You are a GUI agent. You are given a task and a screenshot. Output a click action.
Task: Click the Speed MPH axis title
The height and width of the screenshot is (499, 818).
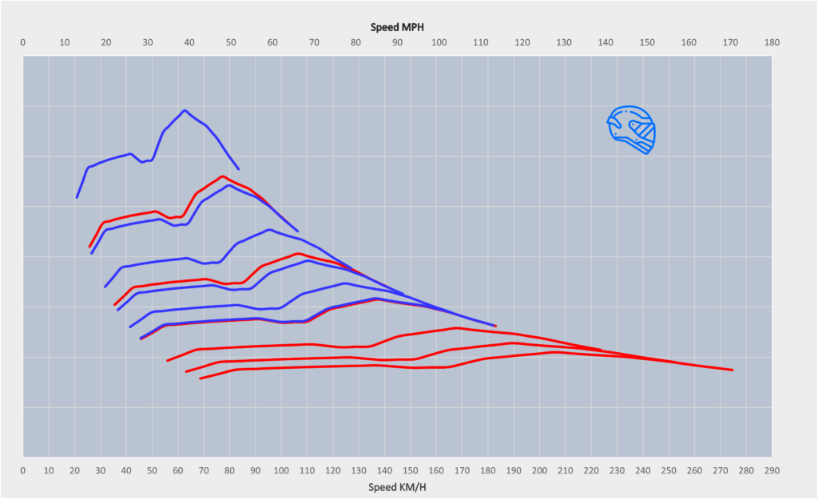[x=397, y=26]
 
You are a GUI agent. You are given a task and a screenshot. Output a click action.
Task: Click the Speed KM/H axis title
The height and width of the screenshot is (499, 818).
[x=397, y=486]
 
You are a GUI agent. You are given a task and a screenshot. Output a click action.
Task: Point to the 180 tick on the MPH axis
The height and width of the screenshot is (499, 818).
[x=772, y=42]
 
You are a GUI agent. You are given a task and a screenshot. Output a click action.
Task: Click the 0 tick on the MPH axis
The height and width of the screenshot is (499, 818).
[x=23, y=42]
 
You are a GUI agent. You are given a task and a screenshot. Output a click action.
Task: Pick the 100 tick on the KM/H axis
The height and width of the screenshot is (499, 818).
[x=281, y=470]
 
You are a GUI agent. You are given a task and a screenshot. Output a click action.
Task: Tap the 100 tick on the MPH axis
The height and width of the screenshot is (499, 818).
[x=439, y=42]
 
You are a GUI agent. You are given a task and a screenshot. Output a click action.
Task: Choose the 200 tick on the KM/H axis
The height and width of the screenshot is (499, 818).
[x=539, y=470]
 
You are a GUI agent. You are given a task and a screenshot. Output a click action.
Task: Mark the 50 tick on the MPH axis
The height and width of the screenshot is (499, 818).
[x=231, y=42]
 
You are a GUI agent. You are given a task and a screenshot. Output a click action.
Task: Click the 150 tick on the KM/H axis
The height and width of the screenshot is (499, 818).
[x=411, y=470]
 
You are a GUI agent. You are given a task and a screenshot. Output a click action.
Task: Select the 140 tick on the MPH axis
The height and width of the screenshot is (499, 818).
[x=605, y=42]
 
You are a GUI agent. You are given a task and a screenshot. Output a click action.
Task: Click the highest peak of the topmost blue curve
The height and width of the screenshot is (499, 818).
[x=185, y=110]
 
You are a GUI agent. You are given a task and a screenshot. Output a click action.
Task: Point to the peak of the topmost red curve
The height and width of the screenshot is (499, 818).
[x=222, y=176]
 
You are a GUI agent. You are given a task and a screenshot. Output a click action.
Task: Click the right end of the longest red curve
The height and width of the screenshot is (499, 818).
[x=733, y=370]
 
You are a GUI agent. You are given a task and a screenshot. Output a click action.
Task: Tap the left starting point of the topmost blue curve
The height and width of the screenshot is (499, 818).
[x=77, y=197]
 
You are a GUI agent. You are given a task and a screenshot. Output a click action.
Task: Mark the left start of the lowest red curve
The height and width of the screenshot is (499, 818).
[x=200, y=378]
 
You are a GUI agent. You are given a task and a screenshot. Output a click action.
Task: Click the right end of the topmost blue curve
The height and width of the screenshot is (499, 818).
[x=238, y=168]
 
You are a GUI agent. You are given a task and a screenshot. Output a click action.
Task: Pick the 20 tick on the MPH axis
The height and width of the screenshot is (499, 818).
[x=106, y=42]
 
